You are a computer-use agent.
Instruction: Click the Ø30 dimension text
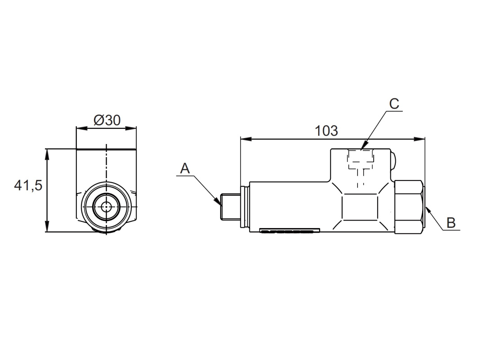(x=107, y=120)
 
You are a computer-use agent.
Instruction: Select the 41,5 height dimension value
(x=28, y=185)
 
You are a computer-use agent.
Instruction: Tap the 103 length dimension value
(x=326, y=130)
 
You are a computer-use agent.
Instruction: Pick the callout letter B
(x=451, y=222)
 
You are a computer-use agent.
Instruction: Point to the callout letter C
(x=394, y=104)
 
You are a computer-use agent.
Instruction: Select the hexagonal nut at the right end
(x=409, y=207)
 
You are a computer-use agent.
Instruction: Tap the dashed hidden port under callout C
(x=360, y=162)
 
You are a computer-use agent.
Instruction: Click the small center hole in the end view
(x=107, y=207)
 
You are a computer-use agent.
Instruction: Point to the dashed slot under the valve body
(x=288, y=232)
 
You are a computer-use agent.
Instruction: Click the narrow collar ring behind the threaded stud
(x=245, y=207)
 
